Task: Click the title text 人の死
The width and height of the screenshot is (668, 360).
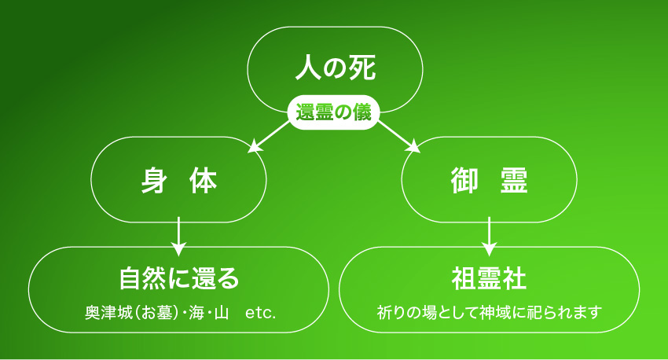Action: pos(336,68)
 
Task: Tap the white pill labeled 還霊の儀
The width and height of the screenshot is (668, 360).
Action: pos(333,112)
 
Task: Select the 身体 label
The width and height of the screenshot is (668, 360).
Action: pos(179,181)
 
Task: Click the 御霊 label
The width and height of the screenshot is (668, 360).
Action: pos(489,181)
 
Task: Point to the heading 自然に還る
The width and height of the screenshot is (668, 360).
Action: pos(179,278)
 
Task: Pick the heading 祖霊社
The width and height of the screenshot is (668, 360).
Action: pos(489,278)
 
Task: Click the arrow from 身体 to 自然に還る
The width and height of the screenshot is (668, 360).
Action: pos(179,236)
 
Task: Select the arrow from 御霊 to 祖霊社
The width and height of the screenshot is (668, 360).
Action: pos(489,236)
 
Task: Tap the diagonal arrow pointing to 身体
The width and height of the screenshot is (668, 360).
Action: pos(270,136)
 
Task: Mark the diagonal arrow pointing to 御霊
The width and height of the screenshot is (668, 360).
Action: pos(398,136)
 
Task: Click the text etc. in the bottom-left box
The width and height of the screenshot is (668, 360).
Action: pos(261,314)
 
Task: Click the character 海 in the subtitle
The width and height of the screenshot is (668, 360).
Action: pos(196,313)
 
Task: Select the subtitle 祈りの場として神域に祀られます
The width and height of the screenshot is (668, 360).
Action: pos(489,313)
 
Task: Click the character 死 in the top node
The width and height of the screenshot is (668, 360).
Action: pos(362,68)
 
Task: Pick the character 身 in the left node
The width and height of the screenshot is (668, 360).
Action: pos(153,181)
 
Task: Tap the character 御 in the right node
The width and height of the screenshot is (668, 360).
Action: pos(464,181)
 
